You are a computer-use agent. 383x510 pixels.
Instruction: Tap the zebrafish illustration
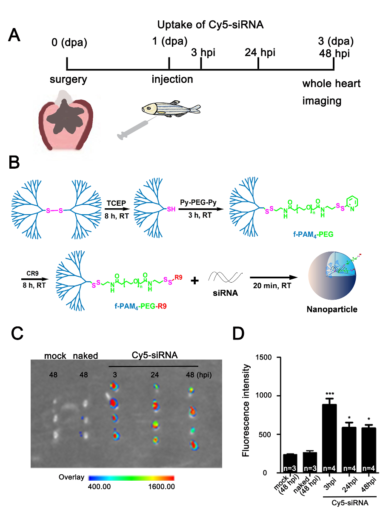[x=170, y=109]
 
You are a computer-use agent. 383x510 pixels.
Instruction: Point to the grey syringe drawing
[x=134, y=129]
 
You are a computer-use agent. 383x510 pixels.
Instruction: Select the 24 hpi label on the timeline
[x=260, y=53]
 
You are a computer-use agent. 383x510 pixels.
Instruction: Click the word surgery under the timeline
[x=68, y=79]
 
